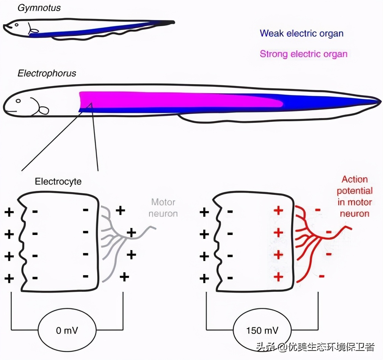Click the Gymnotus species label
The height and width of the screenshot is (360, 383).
coord(39,8)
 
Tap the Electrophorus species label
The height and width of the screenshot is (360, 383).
coord(47,73)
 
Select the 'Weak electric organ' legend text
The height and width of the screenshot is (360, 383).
coord(301,33)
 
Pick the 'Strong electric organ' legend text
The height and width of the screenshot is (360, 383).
coord(303,54)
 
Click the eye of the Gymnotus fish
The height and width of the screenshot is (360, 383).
coord(16,25)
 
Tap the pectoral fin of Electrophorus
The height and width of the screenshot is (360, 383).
coord(44,110)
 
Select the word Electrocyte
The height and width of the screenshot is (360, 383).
coord(58,182)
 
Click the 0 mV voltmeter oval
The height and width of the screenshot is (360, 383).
coord(67,330)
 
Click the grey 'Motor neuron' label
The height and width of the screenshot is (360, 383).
coord(163,208)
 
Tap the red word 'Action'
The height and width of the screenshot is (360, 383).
coord(355,179)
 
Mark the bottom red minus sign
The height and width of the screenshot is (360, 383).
coord(322,276)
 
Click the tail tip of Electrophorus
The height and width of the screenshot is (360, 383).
coord(380,101)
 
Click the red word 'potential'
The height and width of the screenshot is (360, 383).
coord(355,191)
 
